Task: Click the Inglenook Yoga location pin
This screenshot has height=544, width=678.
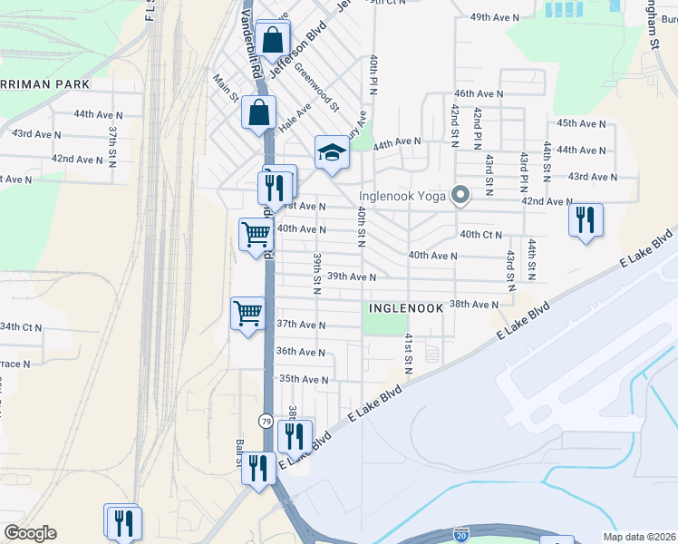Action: (x=460, y=195)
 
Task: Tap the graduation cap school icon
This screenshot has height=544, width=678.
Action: (x=332, y=151)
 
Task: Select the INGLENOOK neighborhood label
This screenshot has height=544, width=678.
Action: (x=406, y=308)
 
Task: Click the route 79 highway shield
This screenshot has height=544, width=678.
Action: (x=266, y=421)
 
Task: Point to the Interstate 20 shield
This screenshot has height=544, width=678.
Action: (x=461, y=536)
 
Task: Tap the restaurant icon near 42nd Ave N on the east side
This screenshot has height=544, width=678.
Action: (x=586, y=219)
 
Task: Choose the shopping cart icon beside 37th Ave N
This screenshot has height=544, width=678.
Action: (x=247, y=314)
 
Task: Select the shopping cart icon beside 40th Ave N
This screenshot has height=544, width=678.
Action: (x=256, y=234)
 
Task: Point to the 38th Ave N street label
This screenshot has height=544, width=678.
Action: (x=474, y=305)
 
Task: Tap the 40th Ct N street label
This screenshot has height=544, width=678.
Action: (x=481, y=235)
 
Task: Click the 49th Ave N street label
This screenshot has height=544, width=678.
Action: (x=495, y=17)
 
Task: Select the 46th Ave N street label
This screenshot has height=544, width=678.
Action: (x=479, y=93)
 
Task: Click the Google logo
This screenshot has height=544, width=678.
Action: (x=30, y=533)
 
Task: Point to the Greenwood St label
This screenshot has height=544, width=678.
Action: (x=316, y=92)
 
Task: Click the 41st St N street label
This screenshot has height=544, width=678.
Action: (x=409, y=348)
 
